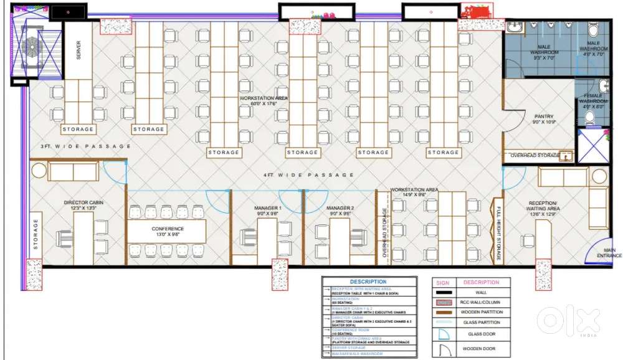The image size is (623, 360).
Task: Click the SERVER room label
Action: click(x=79, y=50)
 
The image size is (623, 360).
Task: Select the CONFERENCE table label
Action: click(x=168, y=229)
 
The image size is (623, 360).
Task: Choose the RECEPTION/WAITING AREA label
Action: click(x=544, y=206)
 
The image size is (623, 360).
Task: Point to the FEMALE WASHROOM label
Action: click(x=595, y=98)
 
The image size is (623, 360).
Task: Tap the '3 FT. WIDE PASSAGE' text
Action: click(x=85, y=146)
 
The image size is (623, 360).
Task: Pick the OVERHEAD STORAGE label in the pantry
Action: click(x=535, y=155)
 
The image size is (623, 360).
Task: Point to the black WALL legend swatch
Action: click(x=443, y=292)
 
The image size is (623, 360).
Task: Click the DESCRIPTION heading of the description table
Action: click(x=368, y=282)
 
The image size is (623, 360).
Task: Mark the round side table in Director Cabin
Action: click(x=39, y=171)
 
